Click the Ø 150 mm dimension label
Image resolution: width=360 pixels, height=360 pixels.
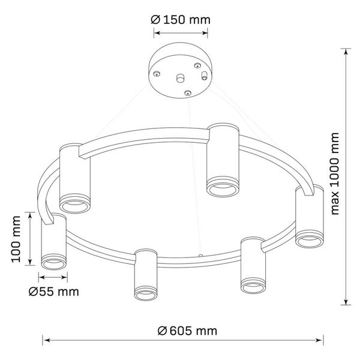click(x=180, y=20)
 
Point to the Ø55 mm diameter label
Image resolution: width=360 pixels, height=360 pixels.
click(x=53, y=292)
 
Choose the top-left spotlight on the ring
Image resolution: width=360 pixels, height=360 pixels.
click(x=75, y=179)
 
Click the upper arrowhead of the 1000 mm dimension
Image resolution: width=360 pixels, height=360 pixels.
click(x=347, y=51)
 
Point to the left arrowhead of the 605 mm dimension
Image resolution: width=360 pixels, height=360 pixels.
click(x=45, y=339)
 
